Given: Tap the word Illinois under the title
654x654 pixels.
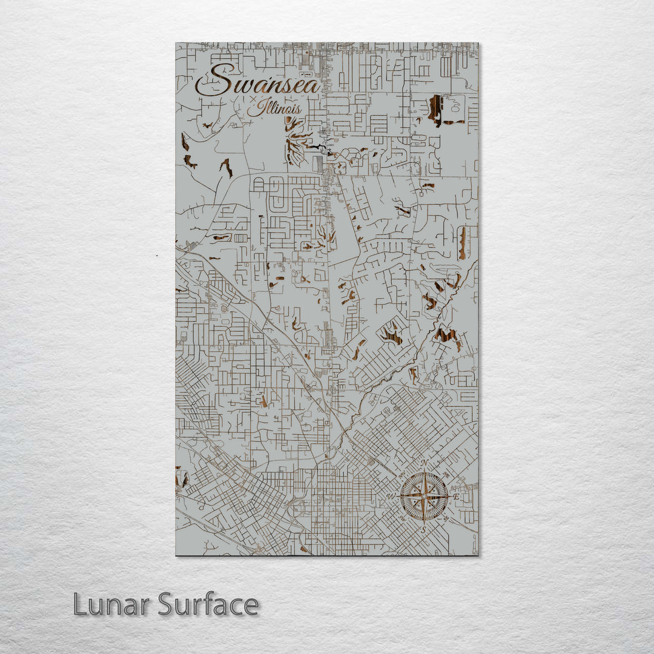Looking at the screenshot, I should click(x=274, y=109).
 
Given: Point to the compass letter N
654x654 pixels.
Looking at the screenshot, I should click(x=424, y=463).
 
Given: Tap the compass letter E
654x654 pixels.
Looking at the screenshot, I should click(x=457, y=497).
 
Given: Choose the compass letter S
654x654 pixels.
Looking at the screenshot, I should click(x=424, y=529).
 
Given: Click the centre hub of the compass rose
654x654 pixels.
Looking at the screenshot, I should click(x=424, y=496).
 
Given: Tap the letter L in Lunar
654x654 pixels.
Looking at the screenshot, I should click(x=81, y=604).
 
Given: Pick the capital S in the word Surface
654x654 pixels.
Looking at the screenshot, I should click(x=168, y=604).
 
